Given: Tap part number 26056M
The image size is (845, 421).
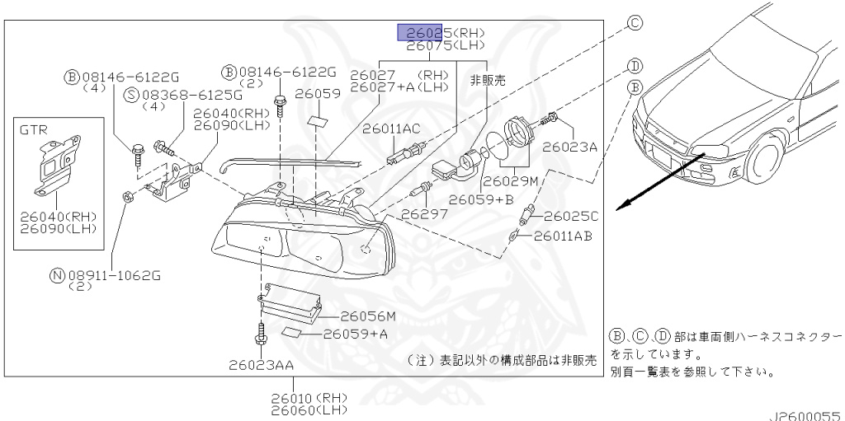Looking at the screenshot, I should [x=368, y=316].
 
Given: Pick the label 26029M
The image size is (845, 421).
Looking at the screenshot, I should [x=511, y=180].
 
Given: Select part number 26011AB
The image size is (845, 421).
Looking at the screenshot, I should [x=562, y=236].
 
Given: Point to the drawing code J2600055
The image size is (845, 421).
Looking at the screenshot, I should [x=807, y=414].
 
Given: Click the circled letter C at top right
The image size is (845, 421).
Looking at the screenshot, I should [x=635, y=23].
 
